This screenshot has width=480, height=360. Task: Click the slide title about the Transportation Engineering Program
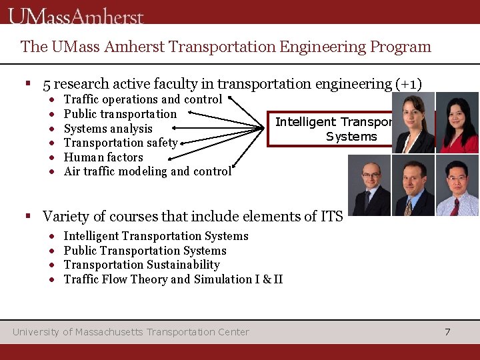pyautogui.click(x=226, y=47)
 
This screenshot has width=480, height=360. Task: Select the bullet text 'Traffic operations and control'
pyautogui.click(x=143, y=99)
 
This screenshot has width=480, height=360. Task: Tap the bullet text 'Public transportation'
pyautogui.click(x=120, y=114)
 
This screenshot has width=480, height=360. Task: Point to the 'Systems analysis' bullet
pyautogui.click(x=108, y=129)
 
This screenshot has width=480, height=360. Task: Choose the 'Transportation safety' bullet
pyautogui.click(x=121, y=143)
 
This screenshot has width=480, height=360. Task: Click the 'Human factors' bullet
pyautogui.click(x=103, y=157)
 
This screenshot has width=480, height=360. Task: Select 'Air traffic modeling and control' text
pyautogui.click(x=147, y=171)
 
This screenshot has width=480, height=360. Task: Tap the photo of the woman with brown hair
pyautogui.click(x=413, y=123)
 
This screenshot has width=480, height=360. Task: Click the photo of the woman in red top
pyautogui.click(x=458, y=123)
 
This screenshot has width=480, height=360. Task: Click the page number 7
pyautogui.click(x=447, y=331)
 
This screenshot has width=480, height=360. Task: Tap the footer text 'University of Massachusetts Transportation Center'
pyautogui.click(x=131, y=331)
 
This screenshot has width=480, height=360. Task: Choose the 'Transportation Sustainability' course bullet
pyautogui.click(x=141, y=265)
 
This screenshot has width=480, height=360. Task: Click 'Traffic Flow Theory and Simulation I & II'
pyautogui.click(x=173, y=279)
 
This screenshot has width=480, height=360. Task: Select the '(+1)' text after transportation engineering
pyautogui.click(x=409, y=85)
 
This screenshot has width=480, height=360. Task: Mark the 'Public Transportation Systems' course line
pyautogui.click(x=145, y=251)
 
